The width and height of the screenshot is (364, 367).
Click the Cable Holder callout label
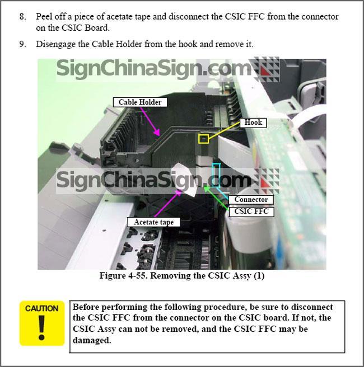[140, 102]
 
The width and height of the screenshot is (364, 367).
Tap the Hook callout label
[253, 123]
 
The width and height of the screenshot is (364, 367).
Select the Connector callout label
[251, 199]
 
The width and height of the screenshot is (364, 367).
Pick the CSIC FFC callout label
[251, 211]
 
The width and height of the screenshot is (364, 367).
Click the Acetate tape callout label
[153, 222]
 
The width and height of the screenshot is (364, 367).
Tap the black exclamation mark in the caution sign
[41, 327]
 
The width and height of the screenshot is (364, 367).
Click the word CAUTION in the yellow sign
[41, 308]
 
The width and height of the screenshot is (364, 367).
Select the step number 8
[22, 17]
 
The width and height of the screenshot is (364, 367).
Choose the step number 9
[22, 44]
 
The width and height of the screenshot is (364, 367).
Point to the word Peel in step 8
[44, 17]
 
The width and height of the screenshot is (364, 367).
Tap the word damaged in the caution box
[92, 340]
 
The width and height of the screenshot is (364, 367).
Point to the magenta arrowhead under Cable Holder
[157, 132]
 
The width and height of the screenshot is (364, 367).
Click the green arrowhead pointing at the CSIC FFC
[207, 188]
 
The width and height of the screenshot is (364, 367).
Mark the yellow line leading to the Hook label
[224, 131]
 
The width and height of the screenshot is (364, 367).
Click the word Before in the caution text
[86, 307]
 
